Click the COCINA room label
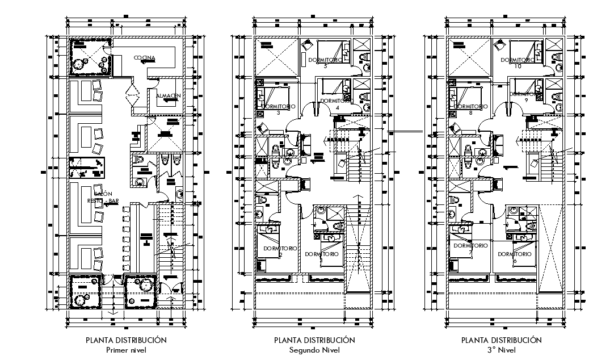tap(145, 58)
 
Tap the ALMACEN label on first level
tap(168, 96)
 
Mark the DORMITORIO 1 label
tap(322, 254)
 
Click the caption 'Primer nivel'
tap(126, 350)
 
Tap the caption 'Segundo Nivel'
tap(314, 350)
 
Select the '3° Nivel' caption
tap(502, 350)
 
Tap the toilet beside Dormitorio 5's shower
tap(364, 57)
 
